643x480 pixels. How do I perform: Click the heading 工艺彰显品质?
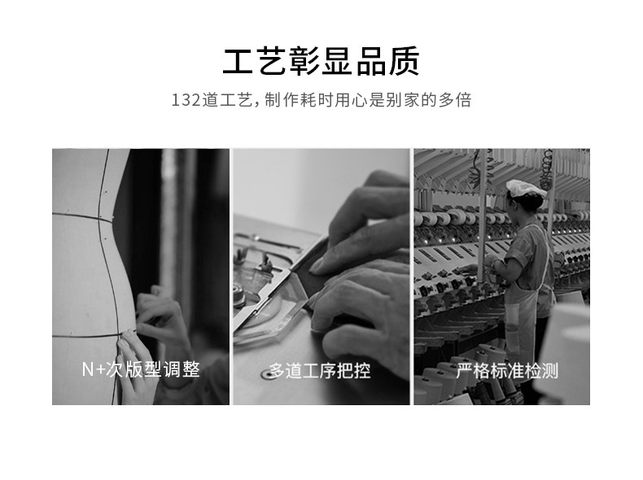pyautogui.click(x=321, y=62)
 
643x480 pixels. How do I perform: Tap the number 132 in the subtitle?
pyautogui.click(x=186, y=100)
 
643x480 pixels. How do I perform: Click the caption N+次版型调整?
pyautogui.click(x=141, y=369)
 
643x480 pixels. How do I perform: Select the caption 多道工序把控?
pyautogui.click(x=320, y=371)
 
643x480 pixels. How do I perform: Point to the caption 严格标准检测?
pyautogui.click(x=507, y=371)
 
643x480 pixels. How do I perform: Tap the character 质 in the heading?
pyautogui.click(x=404, y=62)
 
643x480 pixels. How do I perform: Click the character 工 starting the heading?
pyautogui.click(x=238, y=62)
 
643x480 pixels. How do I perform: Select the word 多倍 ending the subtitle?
pyautogui.click(x=455, y=100)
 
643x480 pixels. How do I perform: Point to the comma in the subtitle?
pyautogui.click(x=257, y=103)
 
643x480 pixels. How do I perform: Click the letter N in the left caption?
pyautogui.click(x=87, y=369)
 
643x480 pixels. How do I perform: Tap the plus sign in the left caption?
pyautogui.click(x=100, y=369)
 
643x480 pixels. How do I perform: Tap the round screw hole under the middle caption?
pyautogui.click(x=267, y=373)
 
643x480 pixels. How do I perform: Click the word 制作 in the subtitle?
pyautogui.click(x=282, y=100)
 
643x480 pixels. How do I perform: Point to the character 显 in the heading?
pyautogui.click(x=338, y=62)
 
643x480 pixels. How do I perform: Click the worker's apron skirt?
pyautogui.click(x=520, y=324)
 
